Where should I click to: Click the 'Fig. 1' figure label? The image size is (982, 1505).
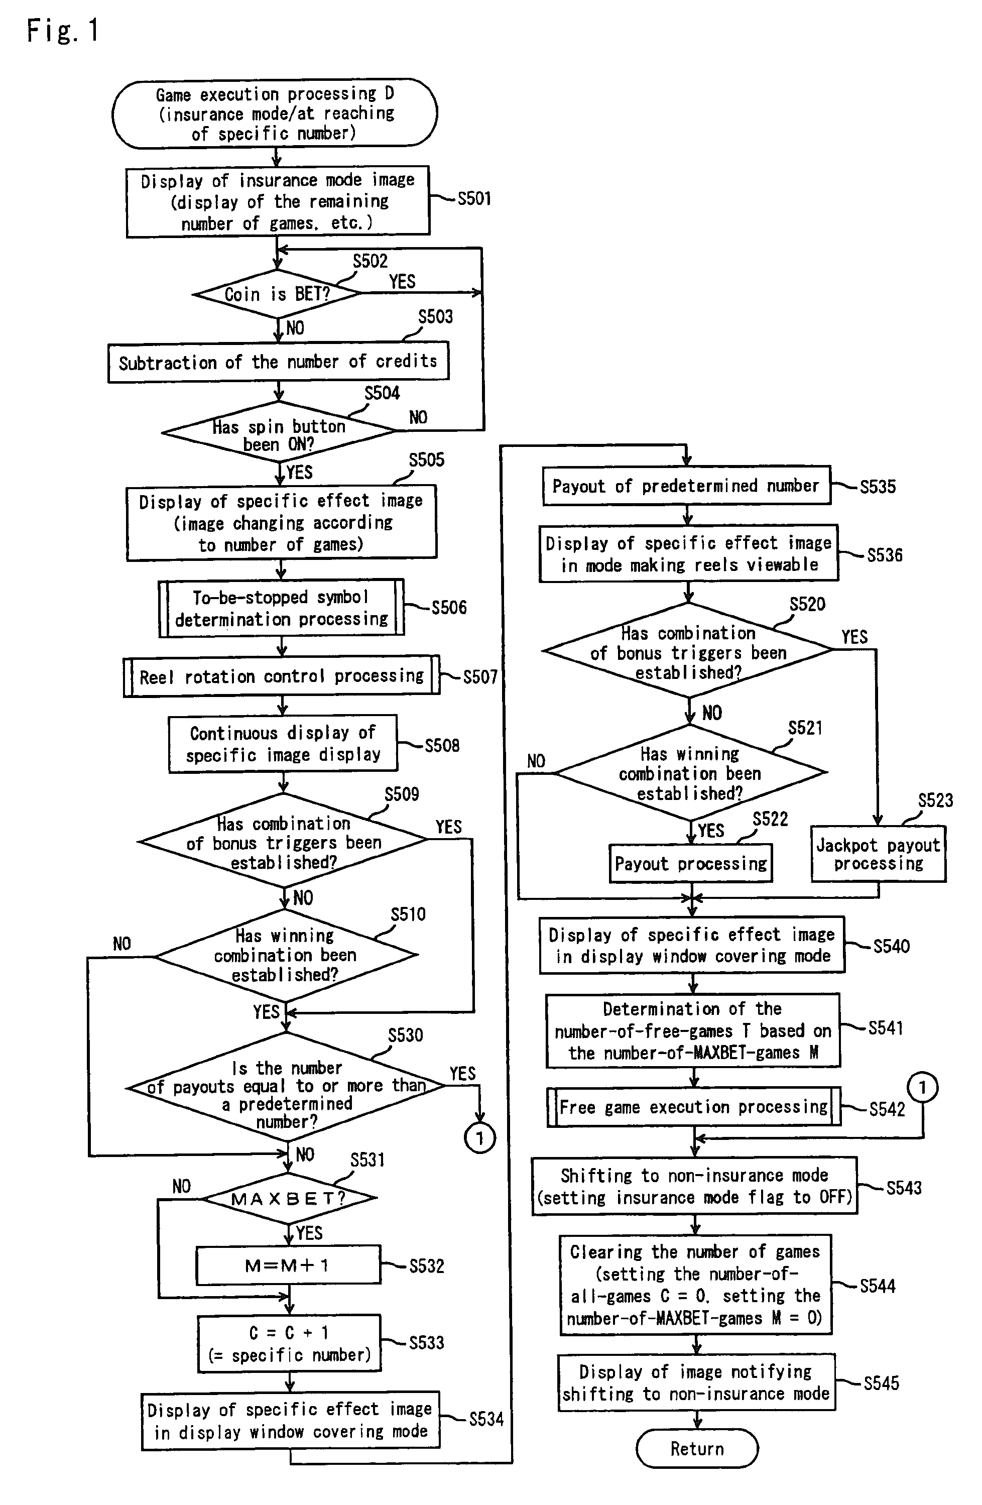tap(63, 30)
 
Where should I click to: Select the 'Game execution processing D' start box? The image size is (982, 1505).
tap(275, 114)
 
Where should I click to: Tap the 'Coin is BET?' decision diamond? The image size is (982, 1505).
tap(278, 294)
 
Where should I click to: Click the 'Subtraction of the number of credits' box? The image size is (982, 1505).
tap(278, 362)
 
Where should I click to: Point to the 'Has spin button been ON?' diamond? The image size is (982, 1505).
tap(278, 431)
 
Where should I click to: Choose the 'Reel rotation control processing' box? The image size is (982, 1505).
tap(281, 676)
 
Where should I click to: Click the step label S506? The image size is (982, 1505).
tap(449, 608)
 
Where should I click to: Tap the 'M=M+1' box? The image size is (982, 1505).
tap(288, 1265)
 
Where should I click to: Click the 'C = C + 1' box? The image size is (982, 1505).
tap(289, 1344)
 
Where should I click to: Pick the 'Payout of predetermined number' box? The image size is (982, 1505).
tap(686, 486)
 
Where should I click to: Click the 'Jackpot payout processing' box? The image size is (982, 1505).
tap(878, 854)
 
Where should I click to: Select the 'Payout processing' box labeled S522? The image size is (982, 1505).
tap(690, 864)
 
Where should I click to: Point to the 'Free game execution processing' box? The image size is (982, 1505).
tap(694, 1107)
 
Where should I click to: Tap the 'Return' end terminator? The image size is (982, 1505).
tap(697, 1449)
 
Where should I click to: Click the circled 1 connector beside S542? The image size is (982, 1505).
tap(923, 1088)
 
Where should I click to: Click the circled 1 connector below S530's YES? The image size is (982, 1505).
tap(480, 1138)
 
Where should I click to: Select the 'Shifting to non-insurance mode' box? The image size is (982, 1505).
tap(694, 1186)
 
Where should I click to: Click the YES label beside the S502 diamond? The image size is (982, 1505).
tap(402, 281)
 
